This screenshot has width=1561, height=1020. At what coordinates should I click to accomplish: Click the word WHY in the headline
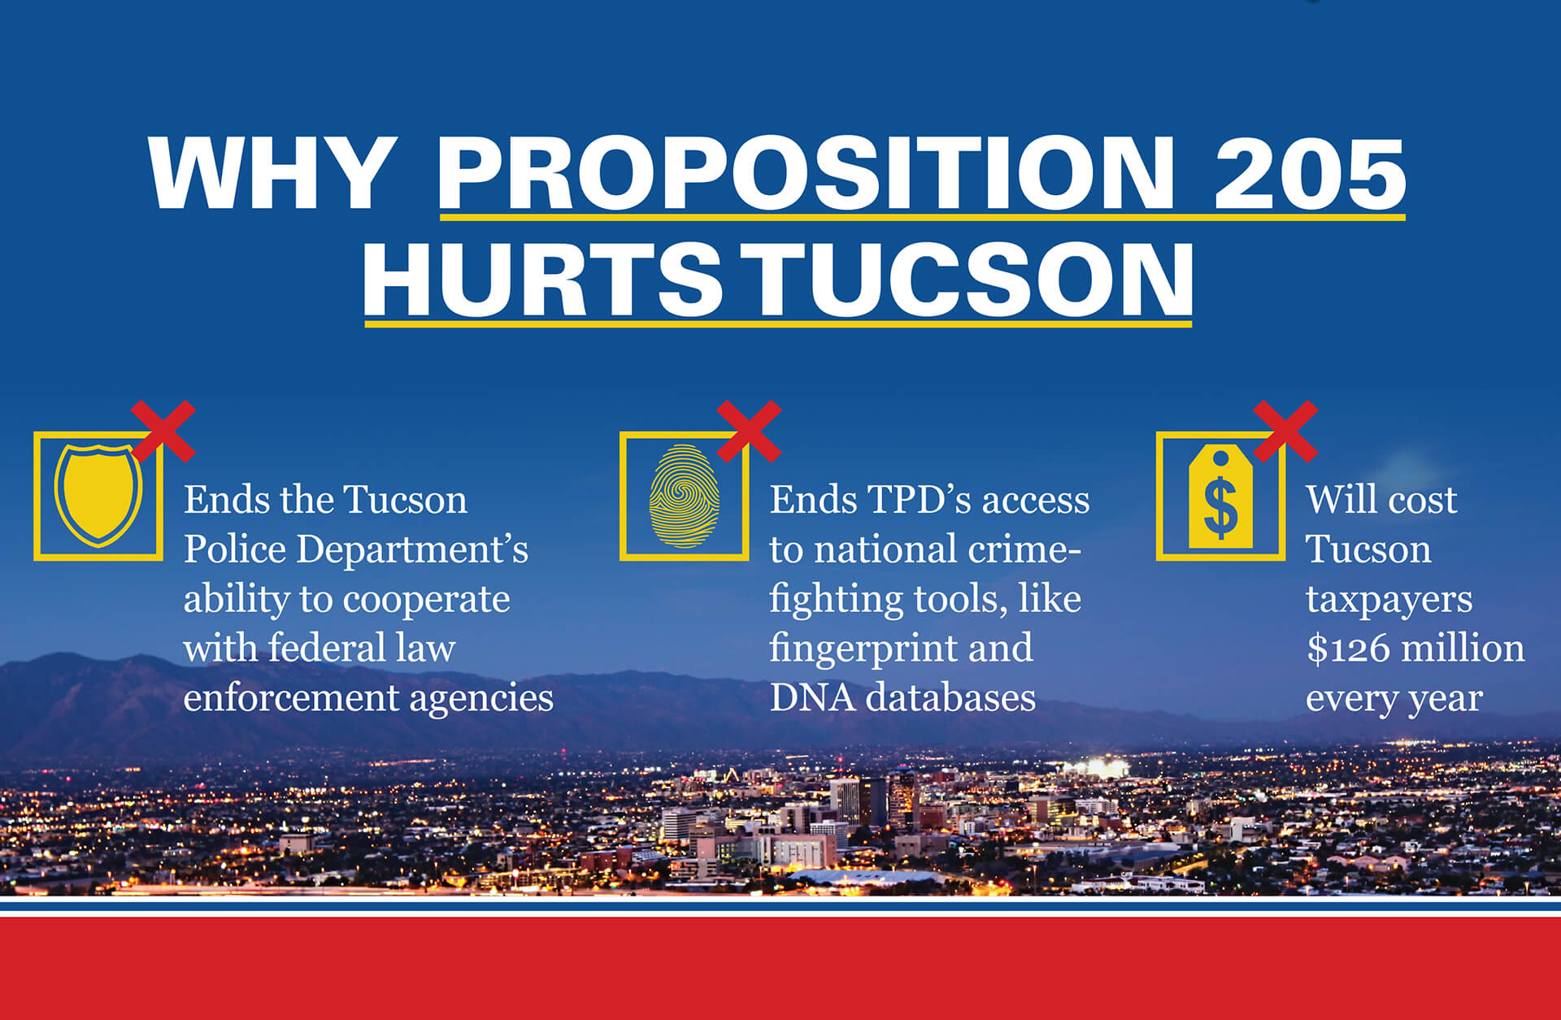(x=272, y=173)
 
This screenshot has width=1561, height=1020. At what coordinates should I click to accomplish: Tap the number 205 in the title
(x=1310, y=173)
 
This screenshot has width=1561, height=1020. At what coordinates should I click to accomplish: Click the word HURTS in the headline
(x=542, y=279)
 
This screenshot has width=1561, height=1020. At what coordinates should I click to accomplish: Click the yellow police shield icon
(x=98, y=494)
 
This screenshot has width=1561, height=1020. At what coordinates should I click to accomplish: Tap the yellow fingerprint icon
(x=685, y=496)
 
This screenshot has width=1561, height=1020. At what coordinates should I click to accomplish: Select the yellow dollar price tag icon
(x=1220, y=497)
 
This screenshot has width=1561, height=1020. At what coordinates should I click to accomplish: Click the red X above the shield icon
(x=163, y=431)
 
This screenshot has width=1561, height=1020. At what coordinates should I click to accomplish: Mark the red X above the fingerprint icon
(x=749, y=431)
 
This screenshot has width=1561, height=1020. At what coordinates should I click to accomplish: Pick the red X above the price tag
(x=1285, y=431)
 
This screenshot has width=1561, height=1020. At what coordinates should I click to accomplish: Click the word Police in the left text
(x=234, y=549)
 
